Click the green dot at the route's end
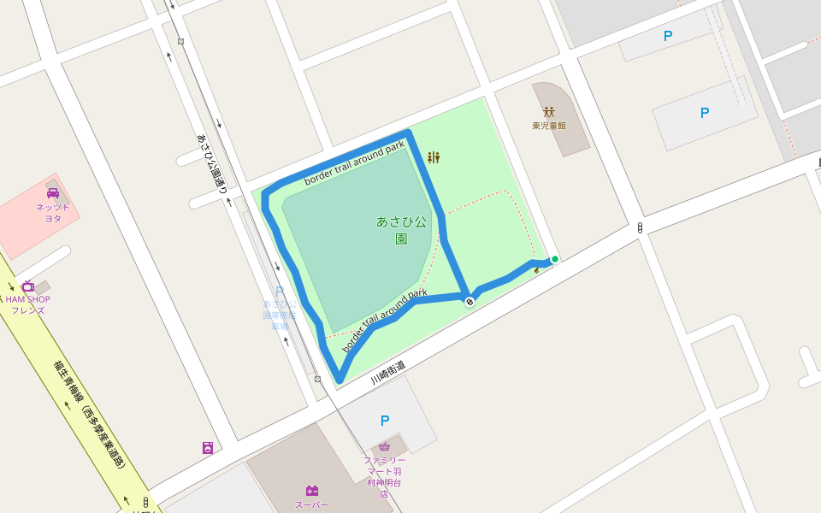coord(555,259)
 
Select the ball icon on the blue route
coord(470,301)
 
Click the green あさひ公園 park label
coord(401,229)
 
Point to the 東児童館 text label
coord(548,126)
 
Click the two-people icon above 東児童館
coord(548,111)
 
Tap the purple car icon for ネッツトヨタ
coord(53,193)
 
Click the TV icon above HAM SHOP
coord(28,286)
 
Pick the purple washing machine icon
coord(208,447)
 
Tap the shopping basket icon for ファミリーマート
coord(385,446)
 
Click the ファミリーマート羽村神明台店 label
coord(384,476)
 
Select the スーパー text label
coord(311,504)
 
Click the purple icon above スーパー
coord(311,491)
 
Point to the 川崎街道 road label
coord(388,371)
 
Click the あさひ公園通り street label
coord(211,163)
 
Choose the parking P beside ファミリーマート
coord(385,420)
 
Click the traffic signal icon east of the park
coord(640,227)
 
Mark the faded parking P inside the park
coord(280,292)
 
